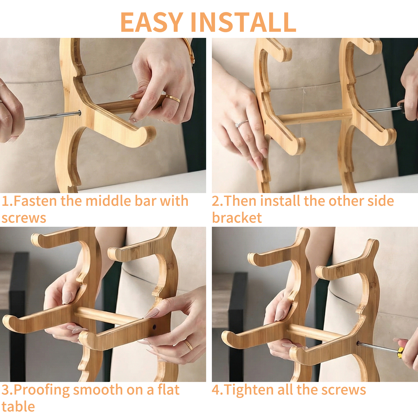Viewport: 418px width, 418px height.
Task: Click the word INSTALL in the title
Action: coord(244,22)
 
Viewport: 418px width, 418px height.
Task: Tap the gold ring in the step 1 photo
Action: coord(173,98)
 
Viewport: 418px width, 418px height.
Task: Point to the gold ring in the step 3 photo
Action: coord(188,345)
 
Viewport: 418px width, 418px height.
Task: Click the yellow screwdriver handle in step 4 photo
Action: coord(399,352)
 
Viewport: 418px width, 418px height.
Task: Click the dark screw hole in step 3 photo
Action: coord(154,327)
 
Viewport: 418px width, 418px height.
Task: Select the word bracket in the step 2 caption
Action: coord(237,218)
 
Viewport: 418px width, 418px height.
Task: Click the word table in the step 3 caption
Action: coord(18,407)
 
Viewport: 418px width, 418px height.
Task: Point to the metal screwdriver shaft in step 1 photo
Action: coord(52,116)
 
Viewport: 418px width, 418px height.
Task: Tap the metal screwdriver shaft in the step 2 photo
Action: coord(384,109)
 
